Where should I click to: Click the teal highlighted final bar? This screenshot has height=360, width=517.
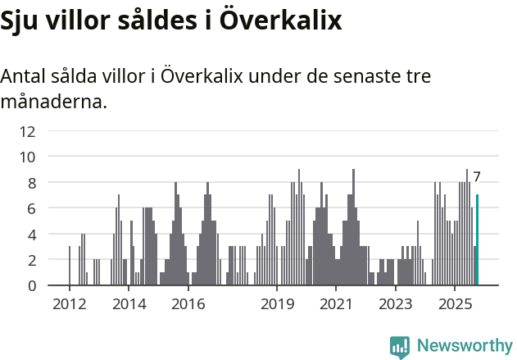478,240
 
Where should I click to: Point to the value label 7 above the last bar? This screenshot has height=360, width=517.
476,176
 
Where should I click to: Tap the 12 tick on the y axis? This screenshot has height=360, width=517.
28,130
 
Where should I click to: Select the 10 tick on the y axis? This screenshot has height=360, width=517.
28,157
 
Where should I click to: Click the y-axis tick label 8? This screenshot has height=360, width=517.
31,183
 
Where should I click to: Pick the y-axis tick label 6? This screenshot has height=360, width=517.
31,208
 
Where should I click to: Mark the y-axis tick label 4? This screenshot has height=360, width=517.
31,235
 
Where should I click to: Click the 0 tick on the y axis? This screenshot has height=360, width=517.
31,286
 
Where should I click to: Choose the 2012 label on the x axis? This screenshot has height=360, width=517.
70,304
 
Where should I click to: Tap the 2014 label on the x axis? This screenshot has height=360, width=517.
129,304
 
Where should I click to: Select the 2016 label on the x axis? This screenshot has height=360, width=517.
188,304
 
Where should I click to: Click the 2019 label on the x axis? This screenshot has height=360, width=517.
277,304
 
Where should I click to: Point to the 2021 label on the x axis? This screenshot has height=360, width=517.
336,304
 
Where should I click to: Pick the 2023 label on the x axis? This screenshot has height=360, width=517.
396,304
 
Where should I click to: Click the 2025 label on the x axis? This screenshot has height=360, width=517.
455,304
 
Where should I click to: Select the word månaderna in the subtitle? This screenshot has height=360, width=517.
53,103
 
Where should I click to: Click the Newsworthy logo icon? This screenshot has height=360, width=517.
400,347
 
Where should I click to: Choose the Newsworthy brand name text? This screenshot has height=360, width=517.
465,346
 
